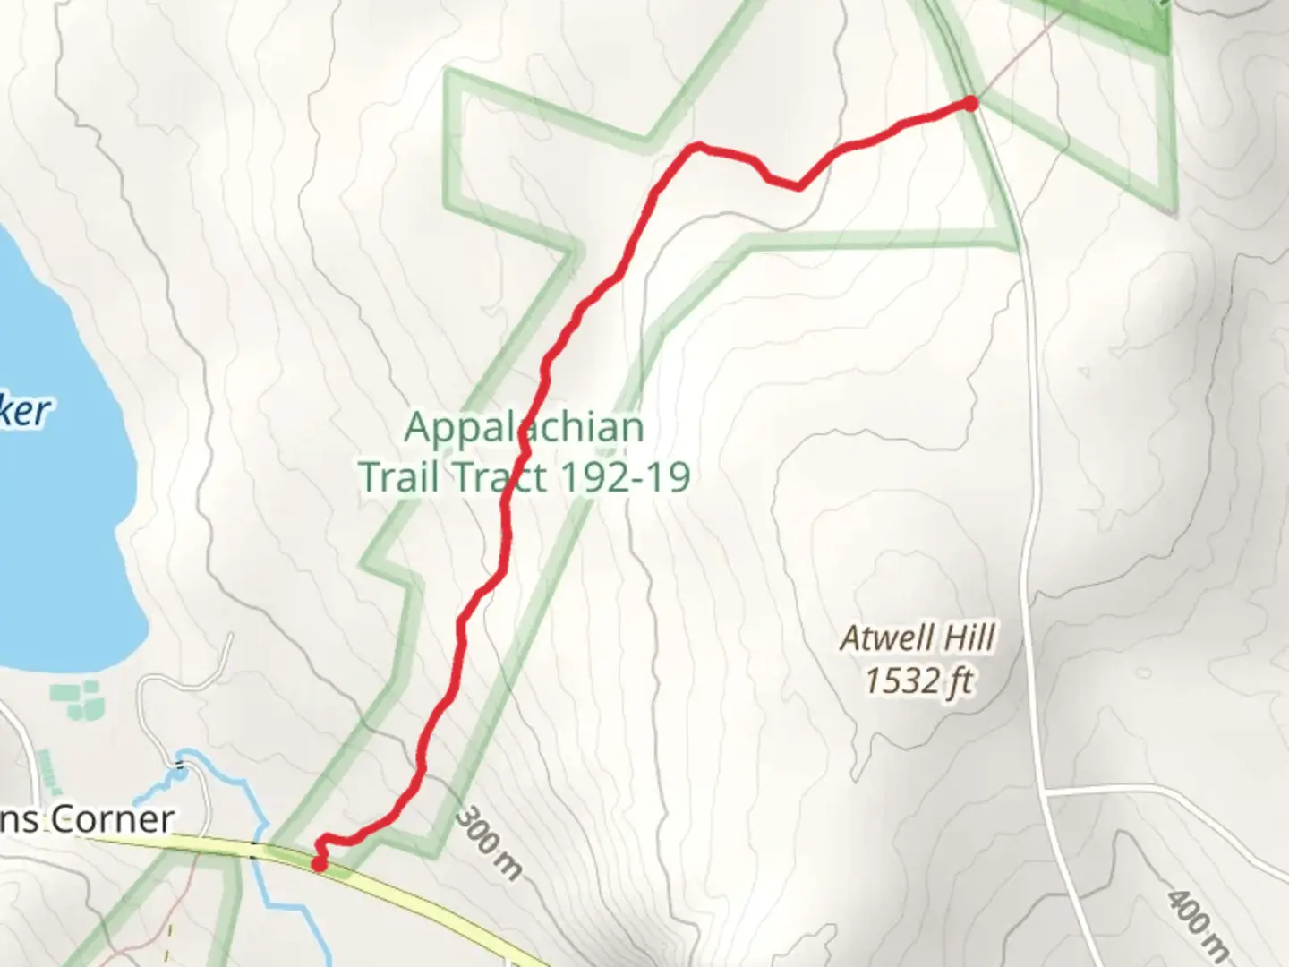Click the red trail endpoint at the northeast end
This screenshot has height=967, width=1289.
970,104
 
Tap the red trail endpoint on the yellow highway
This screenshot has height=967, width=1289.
318,863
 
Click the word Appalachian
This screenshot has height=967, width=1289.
524,427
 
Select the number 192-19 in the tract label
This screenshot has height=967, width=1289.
624,476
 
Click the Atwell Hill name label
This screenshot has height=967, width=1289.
918,638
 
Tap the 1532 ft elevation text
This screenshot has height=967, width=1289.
918,681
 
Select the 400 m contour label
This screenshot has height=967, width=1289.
1198,922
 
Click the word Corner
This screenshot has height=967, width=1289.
112,819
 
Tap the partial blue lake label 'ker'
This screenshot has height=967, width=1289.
25,410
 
